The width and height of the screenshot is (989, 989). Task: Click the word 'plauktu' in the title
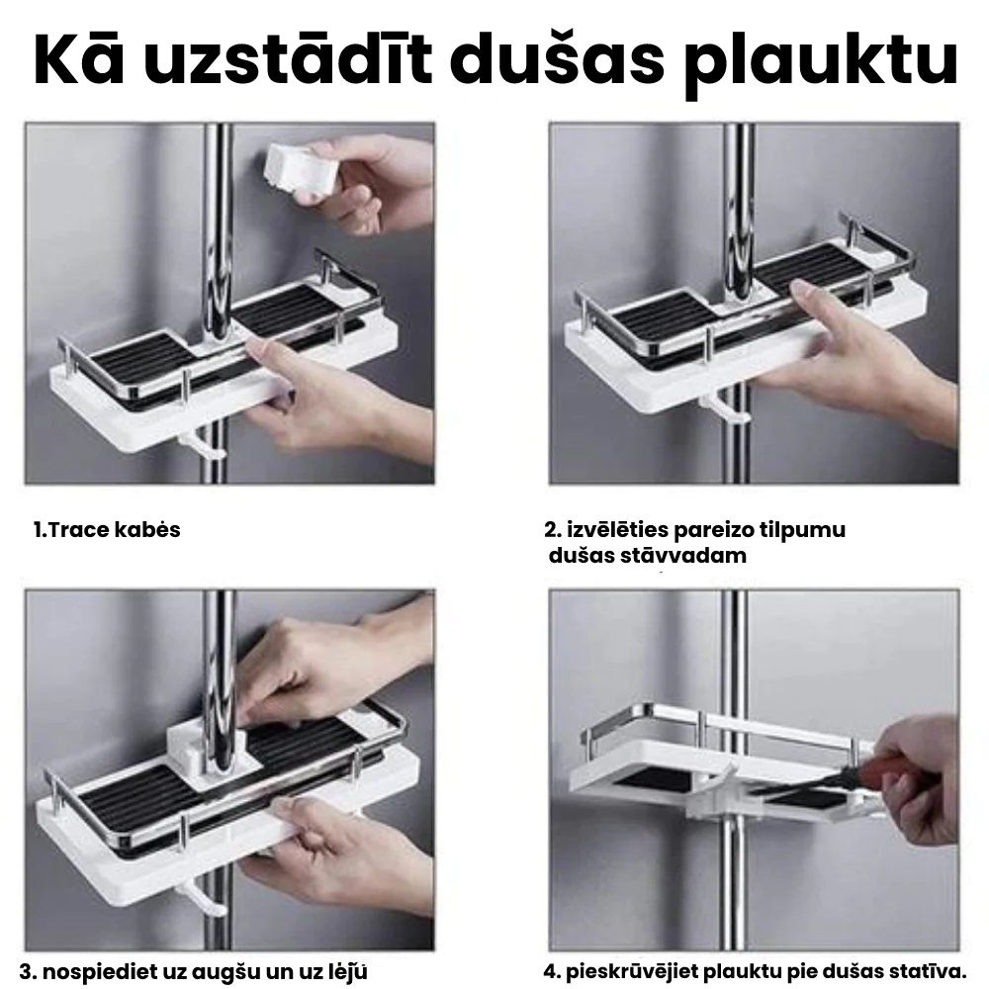(821, 61)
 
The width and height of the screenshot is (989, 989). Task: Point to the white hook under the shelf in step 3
(203, 899)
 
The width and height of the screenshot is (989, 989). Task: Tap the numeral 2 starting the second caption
(551, 530)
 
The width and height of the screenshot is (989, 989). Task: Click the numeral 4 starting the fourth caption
(551, 972)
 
